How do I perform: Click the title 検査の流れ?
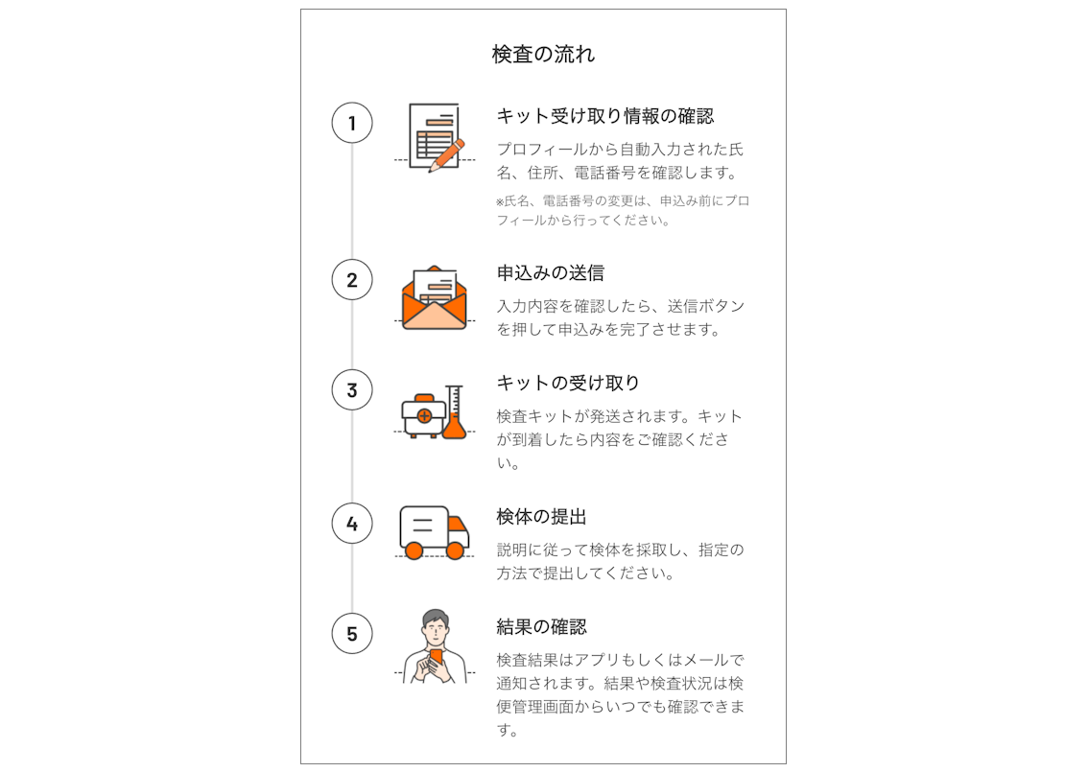pyautogui.click(x=543, y=54)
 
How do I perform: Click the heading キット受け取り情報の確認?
pyautogui.click(x=605, y=116)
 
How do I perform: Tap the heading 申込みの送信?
pyautogui.click(x=551, y=272)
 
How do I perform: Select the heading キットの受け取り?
pyautogui.click(x=568, y=383)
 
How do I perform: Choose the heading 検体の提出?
pyautogui.click(x=541, y=517)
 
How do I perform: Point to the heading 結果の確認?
pyautogui.click(x=541, y=627)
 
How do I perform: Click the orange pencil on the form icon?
pyautogui.click(x=447, y=155)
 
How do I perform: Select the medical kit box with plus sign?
pyautogui.click(x=422, y=416)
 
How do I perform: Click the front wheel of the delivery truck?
pyautogui.click(x=455, y=550)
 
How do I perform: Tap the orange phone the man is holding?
pyautogui.click(x=437, y=658)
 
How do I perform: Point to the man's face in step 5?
pyautogui.click(x=435, y=631)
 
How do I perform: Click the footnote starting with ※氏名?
pyautogui.click(x=623, y=210)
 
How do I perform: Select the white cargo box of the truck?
pyautogui.click(x=424, y=526)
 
